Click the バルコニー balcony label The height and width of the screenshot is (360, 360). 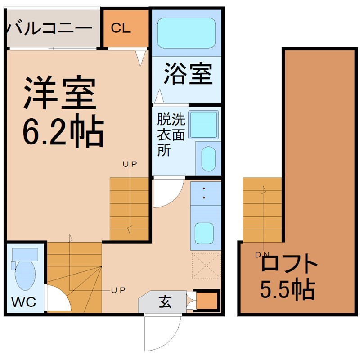point(49,28)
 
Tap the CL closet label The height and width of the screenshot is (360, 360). point(121,28)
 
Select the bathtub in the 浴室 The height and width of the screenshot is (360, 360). point(186,33)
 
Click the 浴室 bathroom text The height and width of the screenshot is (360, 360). point(188,73)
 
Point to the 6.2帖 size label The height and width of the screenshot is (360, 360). point(63,131)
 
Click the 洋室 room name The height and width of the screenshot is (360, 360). point(60,93)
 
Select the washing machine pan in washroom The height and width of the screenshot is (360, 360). point(203,125)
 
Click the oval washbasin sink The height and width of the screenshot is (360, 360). point(208,159)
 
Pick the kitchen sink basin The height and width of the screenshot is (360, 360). point(204,233)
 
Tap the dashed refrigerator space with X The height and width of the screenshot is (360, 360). point(206,265)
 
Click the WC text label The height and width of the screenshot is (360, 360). point(23,302)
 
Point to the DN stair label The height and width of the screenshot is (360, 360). point(262,254)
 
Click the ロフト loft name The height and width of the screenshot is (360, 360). point(289,263)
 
